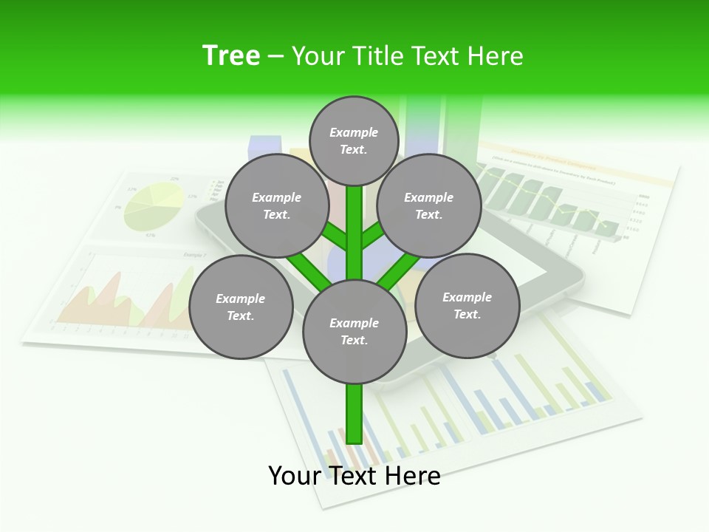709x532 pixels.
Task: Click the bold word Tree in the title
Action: click(231, 55)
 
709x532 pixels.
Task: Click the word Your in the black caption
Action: click(295, 476)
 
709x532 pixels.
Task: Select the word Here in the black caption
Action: click(413, 476)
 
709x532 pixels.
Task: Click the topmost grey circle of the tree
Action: click(354, 140)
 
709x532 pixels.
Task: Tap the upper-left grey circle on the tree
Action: click(277, 206)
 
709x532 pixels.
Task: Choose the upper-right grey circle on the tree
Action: click(429, 206)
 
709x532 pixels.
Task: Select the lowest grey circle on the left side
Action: click(241, 307)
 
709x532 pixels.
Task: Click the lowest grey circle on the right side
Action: click(467, 305)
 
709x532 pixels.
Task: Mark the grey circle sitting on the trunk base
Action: click(354, 331)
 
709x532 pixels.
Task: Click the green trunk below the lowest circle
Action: click(354, 414)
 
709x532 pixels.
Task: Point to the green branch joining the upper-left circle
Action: click(334, 238)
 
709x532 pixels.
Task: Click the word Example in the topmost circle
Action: click(354, 132)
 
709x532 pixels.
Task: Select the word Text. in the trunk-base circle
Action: click(354, 340)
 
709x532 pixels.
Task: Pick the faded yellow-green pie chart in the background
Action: click(154, 206)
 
